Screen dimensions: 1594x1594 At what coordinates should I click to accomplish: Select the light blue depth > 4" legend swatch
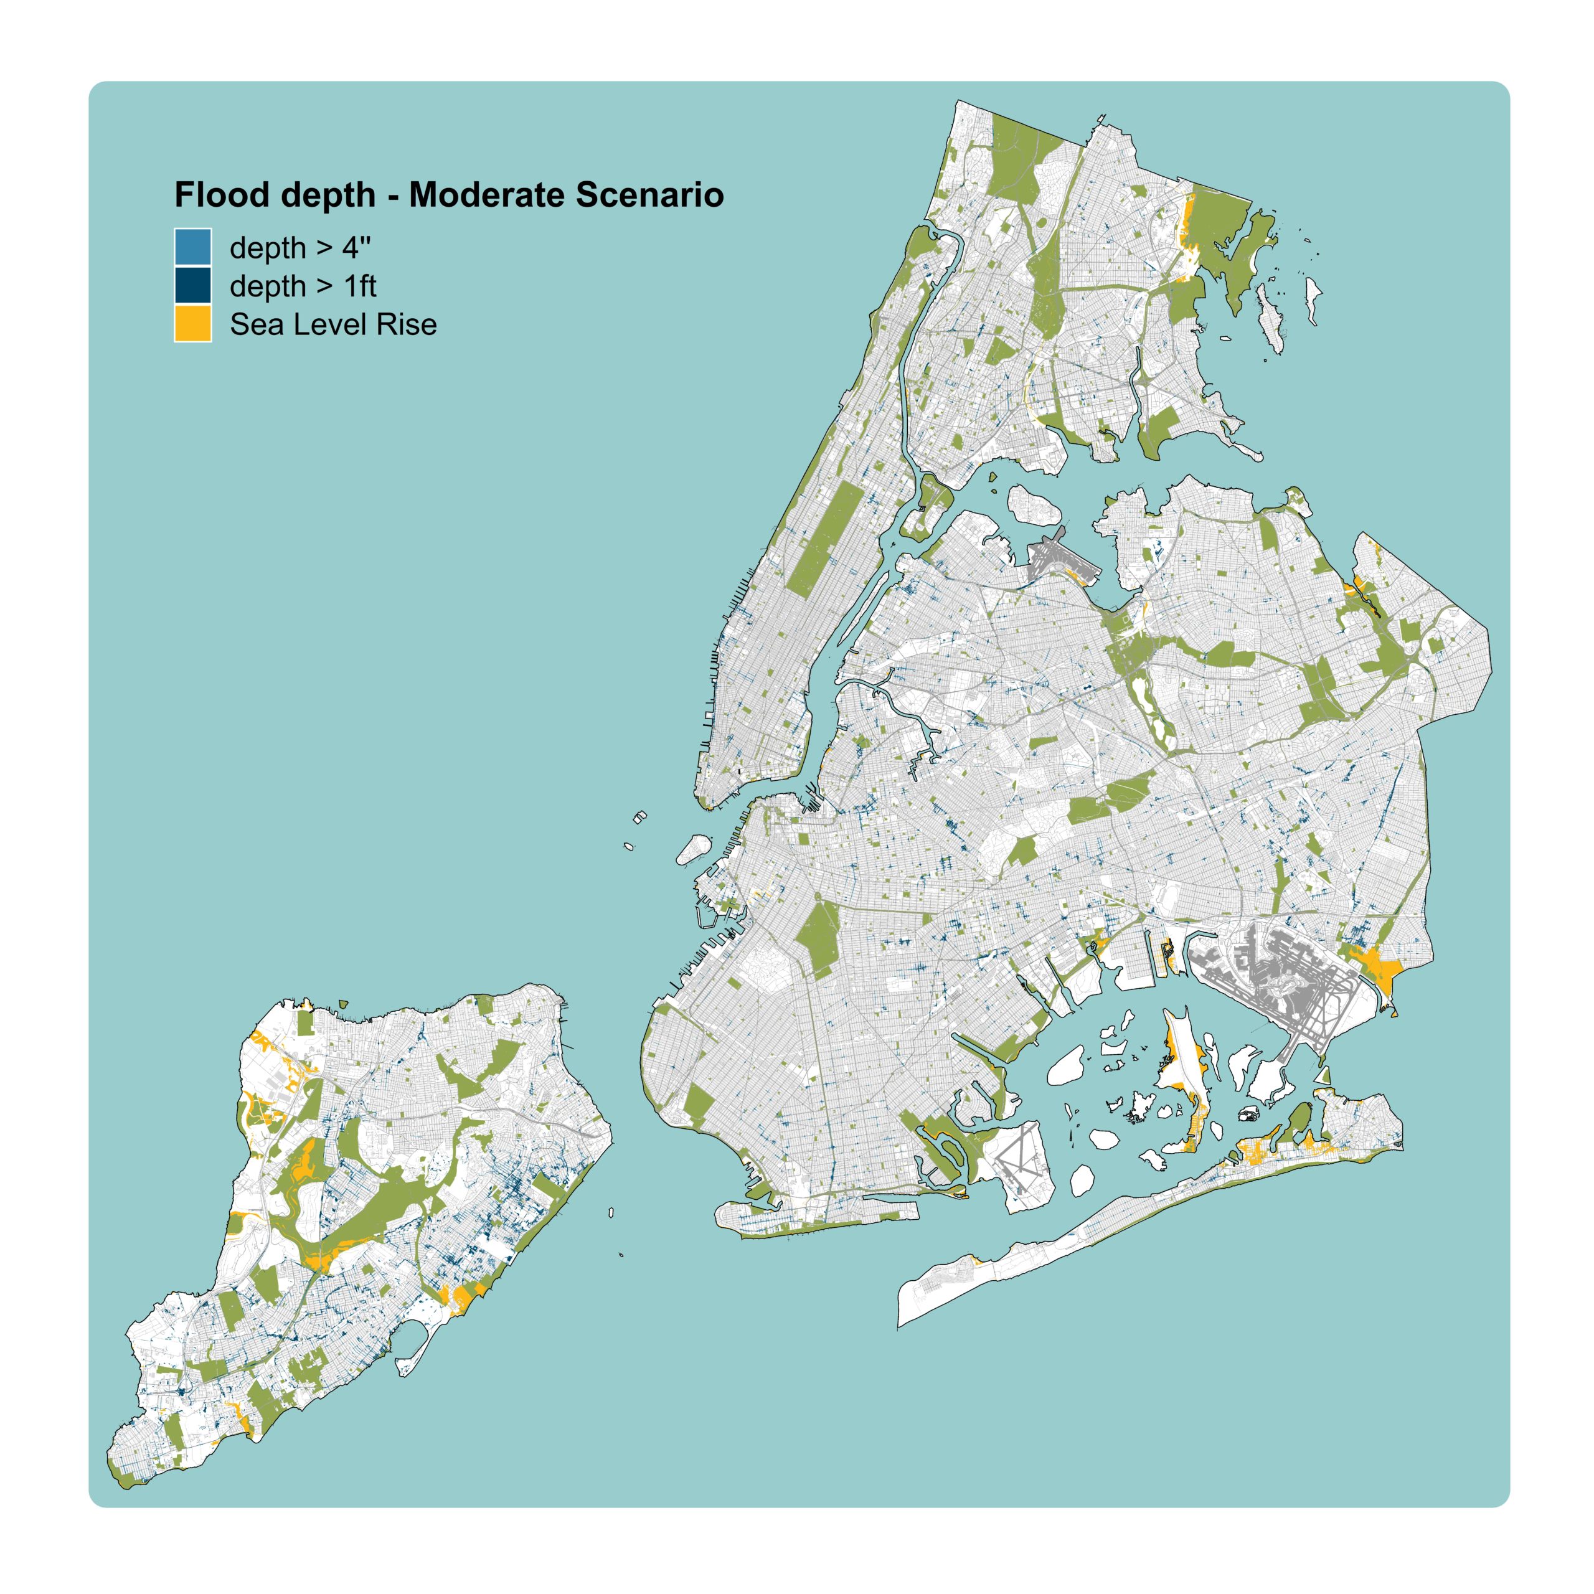[192, 247]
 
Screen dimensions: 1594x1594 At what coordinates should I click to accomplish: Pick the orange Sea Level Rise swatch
[192, 324]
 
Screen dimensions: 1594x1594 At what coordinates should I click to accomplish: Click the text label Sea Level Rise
[332, 324]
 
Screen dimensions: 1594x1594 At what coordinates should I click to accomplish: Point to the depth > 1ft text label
[302, 286]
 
